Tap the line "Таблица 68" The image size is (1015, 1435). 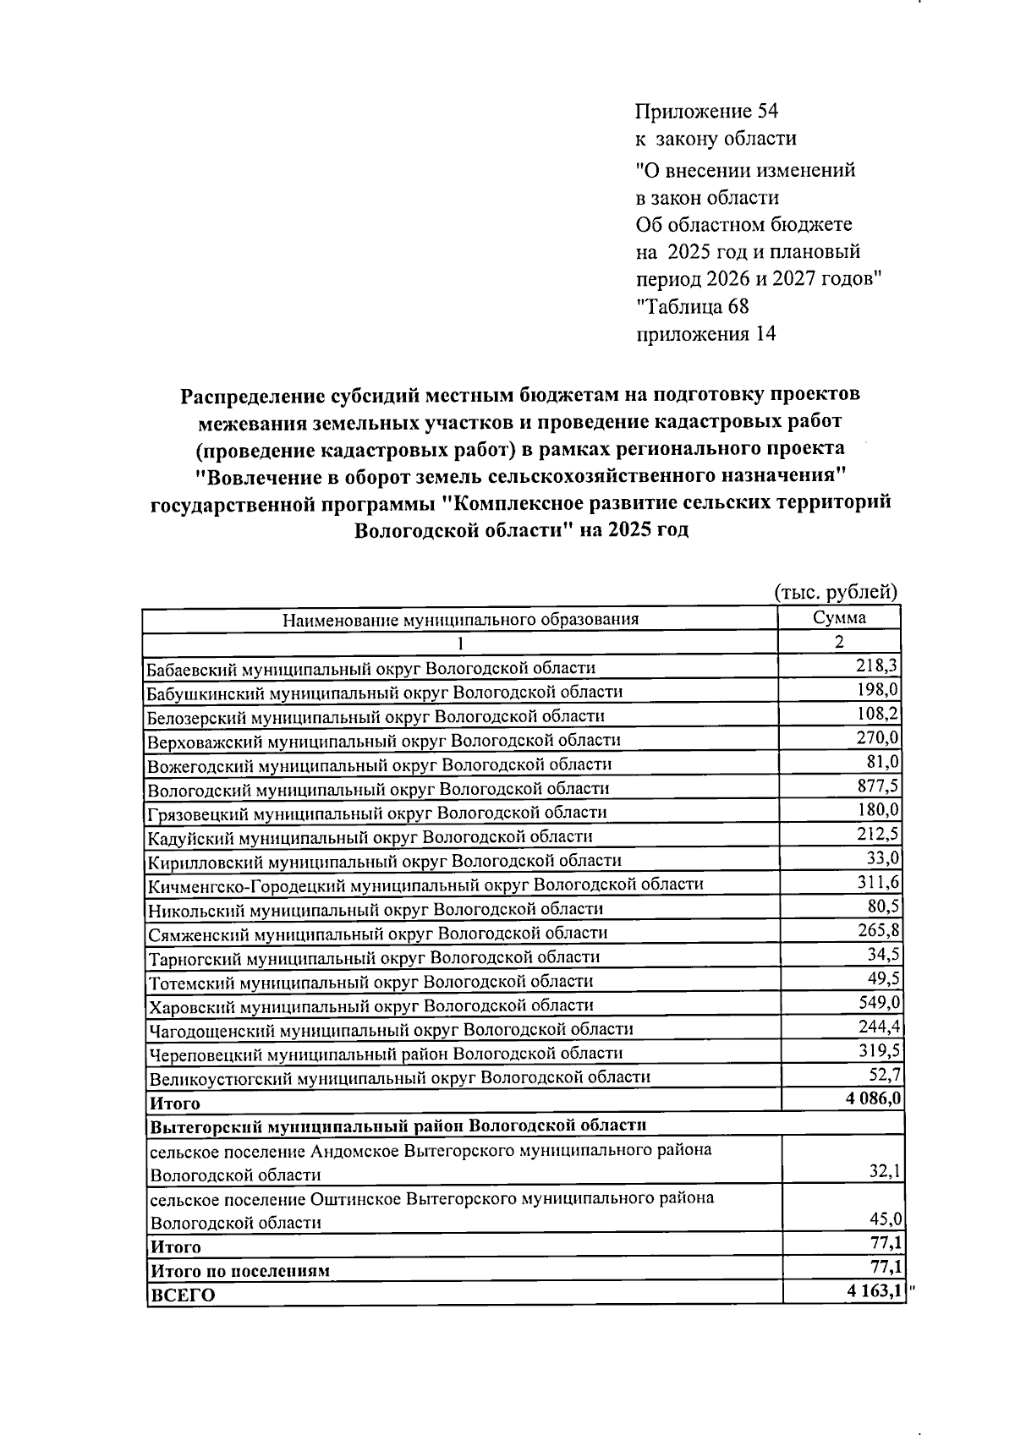coord(693,306)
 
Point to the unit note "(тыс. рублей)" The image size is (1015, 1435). coord(836,592)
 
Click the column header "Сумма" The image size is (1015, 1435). coord(839,617)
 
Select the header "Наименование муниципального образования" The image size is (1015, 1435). coord(460,619)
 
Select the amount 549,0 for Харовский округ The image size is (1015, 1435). coord(879,1003)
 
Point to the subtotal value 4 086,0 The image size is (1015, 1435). coord(869,1099)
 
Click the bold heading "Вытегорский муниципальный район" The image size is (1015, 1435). coord(398,1126)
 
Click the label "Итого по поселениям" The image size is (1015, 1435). coord(239,1270)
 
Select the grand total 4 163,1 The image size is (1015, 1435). coord(870,1292)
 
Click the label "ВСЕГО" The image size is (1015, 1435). coord(183,1295)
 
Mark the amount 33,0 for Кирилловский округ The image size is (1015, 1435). coord(884,858)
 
